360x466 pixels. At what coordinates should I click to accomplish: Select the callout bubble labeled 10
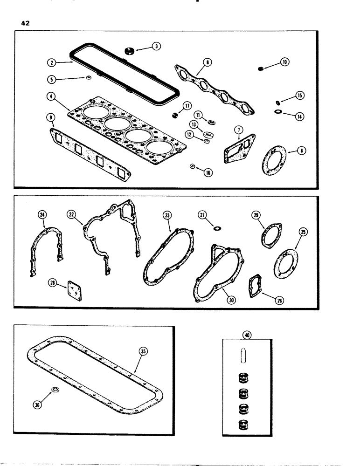click(284, 62)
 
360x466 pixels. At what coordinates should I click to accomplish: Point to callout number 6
click(302, 151)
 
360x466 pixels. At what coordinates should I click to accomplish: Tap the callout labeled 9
click(52, 118)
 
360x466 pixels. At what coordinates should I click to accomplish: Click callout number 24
click(43, 215)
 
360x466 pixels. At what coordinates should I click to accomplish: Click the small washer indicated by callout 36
click(54, 390)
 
